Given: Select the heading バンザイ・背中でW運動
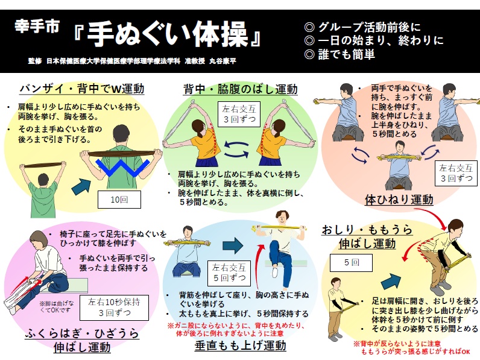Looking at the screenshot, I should pyautogui.click(x=82, y=89).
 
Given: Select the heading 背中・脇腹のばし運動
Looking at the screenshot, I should pyautogui.click(x=240, y=89).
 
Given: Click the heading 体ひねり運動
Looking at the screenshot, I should pyautogui.click(x=399, y=198).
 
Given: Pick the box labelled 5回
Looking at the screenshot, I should pyautogui.click(x=352, y=263).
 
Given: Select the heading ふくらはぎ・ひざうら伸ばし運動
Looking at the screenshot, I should pyautogui.click(x=83, y=340).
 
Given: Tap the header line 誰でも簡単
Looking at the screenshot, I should pyautogui.click(x=340, y=54).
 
